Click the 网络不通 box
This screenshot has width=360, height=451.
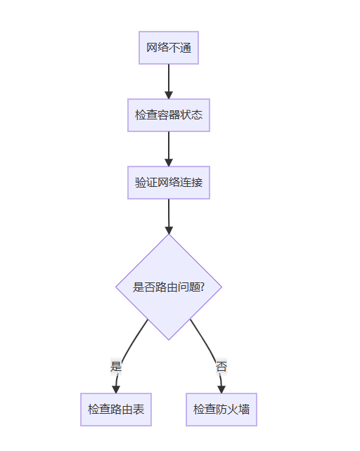(169, 48)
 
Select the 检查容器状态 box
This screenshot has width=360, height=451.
(169, 115)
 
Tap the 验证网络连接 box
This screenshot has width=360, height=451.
(169, 183)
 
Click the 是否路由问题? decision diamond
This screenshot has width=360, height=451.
(169, 287)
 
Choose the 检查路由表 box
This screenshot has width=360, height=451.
(116, 410)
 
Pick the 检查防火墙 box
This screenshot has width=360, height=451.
(221, 410)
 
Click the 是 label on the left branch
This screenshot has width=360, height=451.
(116, 367)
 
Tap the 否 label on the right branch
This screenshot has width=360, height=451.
(221, 367)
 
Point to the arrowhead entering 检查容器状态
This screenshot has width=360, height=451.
(169, 96)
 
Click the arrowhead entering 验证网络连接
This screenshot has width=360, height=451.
(169, 162)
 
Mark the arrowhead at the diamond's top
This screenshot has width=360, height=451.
(169, 230)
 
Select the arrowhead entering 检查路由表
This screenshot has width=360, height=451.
(116, 389)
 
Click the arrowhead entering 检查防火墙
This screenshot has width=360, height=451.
(221, 389)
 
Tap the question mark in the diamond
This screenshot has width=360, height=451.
(202, 287)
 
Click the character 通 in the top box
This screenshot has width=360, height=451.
(186, 48)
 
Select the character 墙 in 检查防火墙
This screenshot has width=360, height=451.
(244, 410)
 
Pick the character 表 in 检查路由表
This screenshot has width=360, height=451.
(139, 410)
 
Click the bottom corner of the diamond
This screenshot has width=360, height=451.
(169, 340)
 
